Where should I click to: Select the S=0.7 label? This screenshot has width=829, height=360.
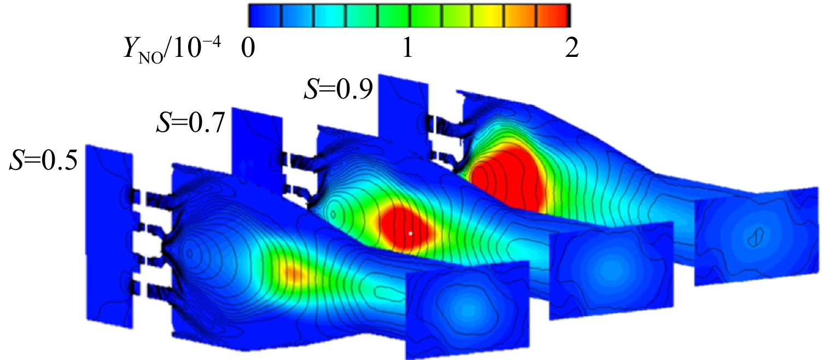(191, 123)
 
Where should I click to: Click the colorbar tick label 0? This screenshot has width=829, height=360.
(248, 49)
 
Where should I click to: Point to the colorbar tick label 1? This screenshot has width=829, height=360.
(407, 48)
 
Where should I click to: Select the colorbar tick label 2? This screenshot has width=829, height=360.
(572, 48)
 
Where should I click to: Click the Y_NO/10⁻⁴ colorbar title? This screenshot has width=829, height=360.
(172, 50)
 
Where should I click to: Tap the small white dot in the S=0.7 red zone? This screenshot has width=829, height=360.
(410, 233)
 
